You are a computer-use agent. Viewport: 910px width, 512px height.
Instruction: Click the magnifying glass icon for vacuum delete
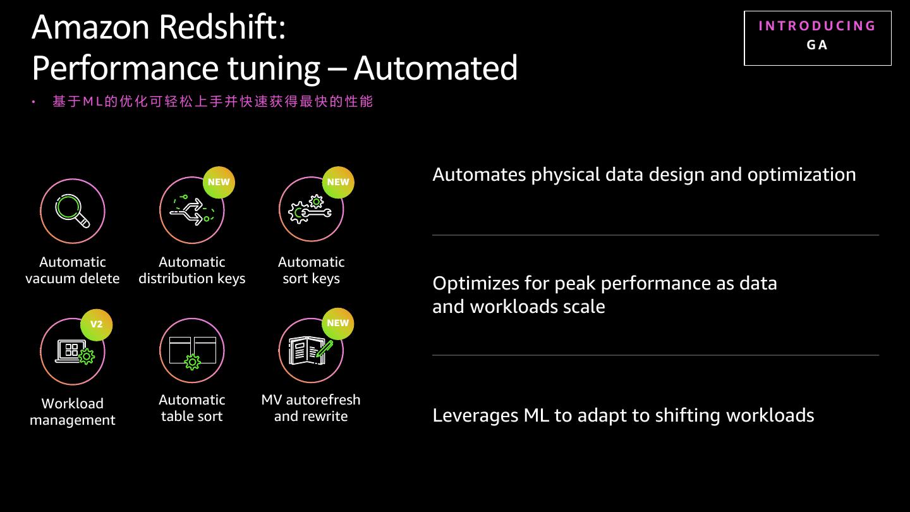coord(73,210)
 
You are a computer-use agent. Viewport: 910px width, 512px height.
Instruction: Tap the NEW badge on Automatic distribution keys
coord(219,182)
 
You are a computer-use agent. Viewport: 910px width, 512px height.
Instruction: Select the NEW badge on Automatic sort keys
coord(338,182)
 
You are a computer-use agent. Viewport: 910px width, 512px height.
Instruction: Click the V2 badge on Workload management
coord(96,324)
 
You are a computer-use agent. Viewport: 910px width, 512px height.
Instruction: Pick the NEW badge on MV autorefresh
coord(338,323)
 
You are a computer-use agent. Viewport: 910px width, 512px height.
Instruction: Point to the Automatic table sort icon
coord(192,351)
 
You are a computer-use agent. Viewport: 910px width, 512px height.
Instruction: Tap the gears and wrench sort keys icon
coord(310,210)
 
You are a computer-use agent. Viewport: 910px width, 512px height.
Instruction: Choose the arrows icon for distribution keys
coord(192,210)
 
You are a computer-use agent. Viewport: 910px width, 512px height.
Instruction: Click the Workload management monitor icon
coord(73,351)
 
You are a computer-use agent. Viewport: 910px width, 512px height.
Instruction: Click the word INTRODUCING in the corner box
coord(817,26)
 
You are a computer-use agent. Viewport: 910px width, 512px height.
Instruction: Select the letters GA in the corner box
coord(817,45)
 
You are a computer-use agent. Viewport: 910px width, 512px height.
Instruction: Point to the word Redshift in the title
coord(222,27)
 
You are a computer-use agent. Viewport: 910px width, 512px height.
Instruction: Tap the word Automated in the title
coord(435,68)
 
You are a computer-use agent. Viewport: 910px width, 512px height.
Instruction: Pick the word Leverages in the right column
coord(475,415)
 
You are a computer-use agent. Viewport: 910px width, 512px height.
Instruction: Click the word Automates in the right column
coord(479,174)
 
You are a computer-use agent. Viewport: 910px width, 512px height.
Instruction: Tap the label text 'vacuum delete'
coord(73,279)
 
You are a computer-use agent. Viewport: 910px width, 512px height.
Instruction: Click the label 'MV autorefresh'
coord(311,400)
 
